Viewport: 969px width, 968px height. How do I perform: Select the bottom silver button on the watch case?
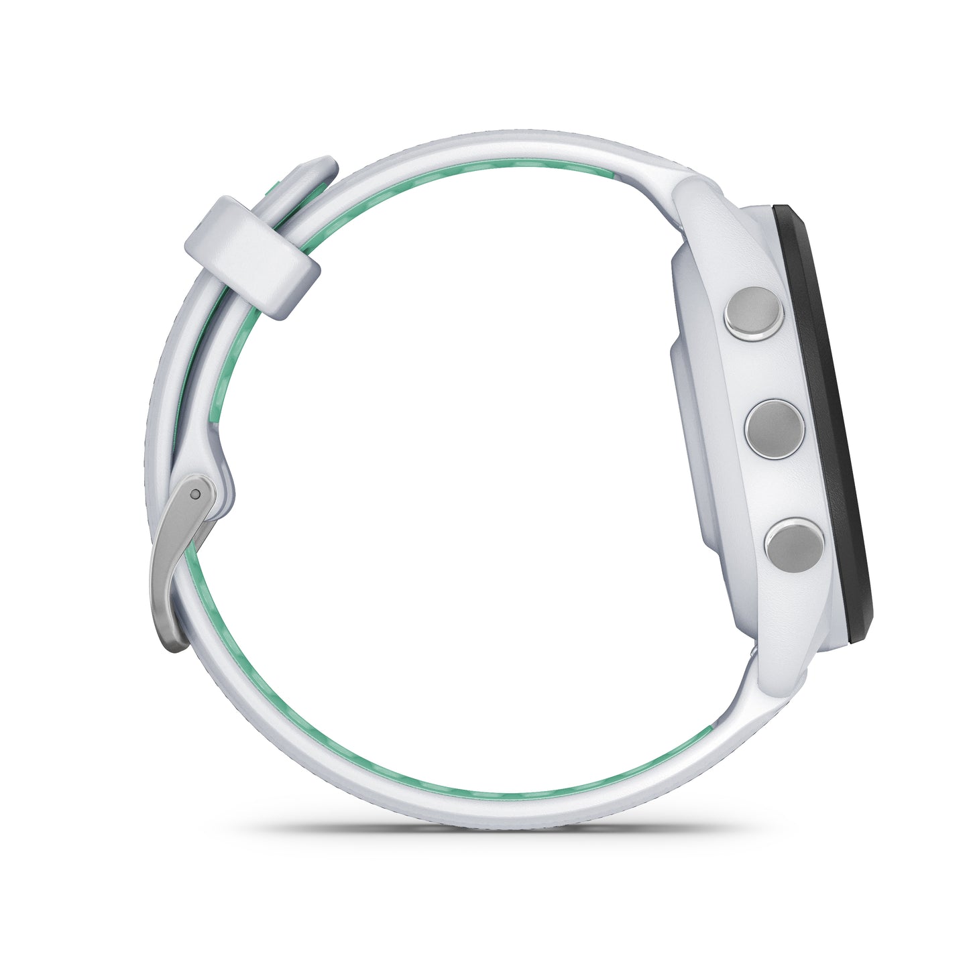pos(795,543)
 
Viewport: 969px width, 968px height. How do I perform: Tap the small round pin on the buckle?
pos(194,495)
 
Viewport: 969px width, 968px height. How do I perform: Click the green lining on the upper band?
pos(469,168)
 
